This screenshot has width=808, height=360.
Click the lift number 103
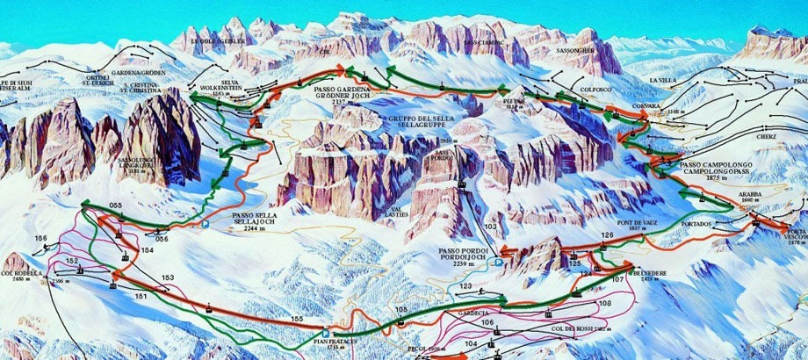click(490, 227)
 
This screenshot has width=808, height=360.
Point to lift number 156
click(40, 239)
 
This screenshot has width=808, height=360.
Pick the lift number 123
click(465, 286)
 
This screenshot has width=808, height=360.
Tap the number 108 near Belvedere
click(603, 303)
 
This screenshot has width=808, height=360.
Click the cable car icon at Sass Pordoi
click(459, 184)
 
